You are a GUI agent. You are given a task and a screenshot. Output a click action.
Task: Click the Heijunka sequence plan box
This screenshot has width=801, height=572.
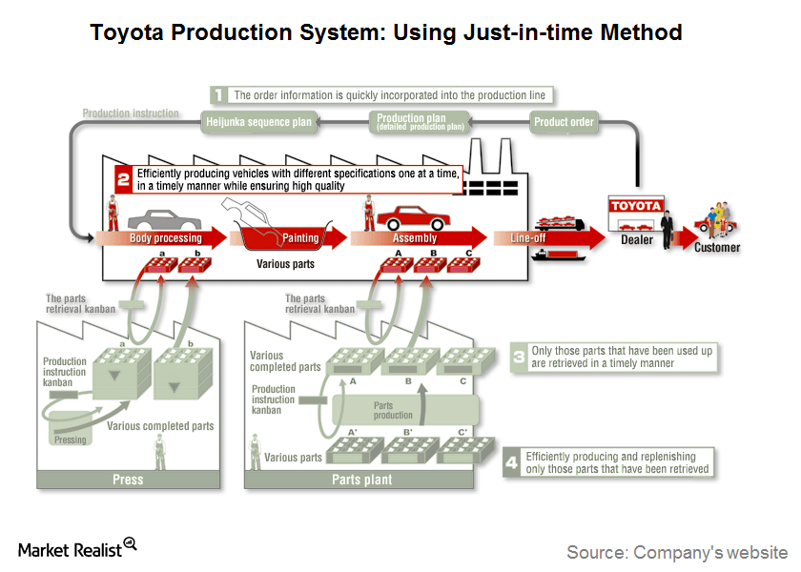[x=258, y=122]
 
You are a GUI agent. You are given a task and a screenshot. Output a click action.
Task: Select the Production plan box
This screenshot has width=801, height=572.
[x=421, y=121]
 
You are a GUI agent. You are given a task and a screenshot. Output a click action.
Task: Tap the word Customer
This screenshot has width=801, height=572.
[x=716, y=247]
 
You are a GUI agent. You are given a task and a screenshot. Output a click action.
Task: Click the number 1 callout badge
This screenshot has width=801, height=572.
[x=218, y=95]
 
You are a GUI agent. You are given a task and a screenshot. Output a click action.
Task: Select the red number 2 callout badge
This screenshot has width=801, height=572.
[x=123, y=178]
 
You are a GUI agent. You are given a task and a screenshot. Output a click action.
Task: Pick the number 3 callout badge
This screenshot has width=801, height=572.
[x=517, y=357]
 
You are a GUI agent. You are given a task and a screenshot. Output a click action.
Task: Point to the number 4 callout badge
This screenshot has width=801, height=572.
[x=511, y=463]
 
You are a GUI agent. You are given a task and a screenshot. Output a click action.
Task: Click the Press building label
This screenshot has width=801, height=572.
[x=128, y=480]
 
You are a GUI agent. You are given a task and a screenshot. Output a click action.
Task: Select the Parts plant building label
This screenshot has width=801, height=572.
[x=359, y=480]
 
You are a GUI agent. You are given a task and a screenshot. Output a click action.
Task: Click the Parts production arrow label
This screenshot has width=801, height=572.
[x=393, y=410]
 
